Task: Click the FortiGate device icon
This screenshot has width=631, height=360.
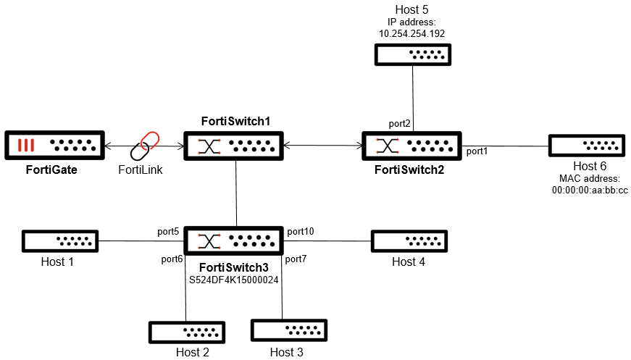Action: coord(54,146)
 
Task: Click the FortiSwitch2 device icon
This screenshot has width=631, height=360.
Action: coord(412,146)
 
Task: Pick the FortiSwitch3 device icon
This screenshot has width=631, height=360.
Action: coord(236,240)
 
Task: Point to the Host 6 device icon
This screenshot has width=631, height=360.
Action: coord(586,146)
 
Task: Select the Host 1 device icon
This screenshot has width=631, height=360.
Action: coord(59,240)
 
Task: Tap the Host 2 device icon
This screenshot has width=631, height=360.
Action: coord(186,332)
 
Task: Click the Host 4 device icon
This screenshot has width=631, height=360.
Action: coord(409,240)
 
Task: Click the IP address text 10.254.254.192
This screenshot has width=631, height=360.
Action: coord(411,33)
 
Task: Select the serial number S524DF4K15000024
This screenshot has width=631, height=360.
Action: coord(235,278)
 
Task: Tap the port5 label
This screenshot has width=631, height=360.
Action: coord(168,232)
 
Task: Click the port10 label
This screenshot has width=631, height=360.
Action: coord(301,232)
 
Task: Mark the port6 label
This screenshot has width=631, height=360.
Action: coord(172,259)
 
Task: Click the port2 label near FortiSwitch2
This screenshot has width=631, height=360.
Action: coord(399,124)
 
